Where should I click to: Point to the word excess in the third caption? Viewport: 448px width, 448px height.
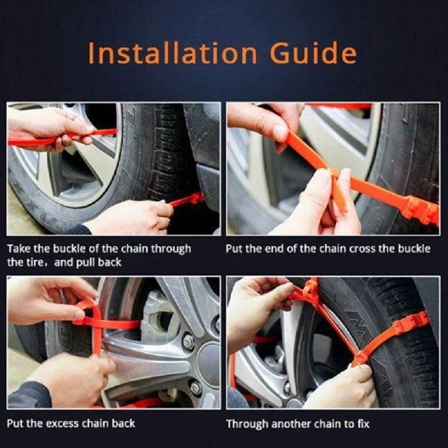(x=58, y=423)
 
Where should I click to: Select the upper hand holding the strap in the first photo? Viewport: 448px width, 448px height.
(x=45, y=125)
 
